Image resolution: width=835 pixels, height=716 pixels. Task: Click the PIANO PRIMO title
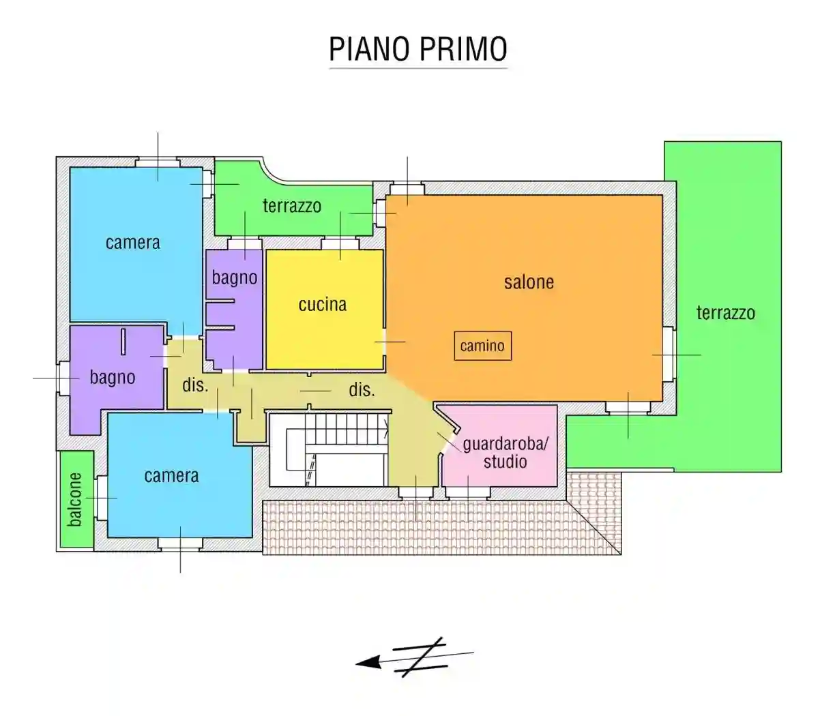pos(418,49)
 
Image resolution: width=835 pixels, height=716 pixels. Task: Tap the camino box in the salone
pos(482,346)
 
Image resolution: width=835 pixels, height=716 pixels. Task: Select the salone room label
pos(529,282)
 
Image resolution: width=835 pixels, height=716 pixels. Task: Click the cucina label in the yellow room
pos(323,304)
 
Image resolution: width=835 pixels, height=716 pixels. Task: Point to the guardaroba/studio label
pos(505,453)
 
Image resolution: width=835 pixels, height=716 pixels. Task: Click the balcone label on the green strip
pos(75,499)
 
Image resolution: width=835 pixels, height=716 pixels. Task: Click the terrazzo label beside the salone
pos(725,313)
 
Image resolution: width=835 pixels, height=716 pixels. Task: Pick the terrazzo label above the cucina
pos(292,205)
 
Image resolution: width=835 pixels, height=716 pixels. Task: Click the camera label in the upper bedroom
pos(133,242)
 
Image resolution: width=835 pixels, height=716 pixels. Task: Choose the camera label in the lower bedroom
pos(171,475)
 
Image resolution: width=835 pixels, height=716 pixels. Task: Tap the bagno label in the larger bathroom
pos(113,377)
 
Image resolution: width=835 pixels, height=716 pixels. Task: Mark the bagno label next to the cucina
pos(234,278)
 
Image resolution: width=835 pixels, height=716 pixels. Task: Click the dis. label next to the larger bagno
pos(194,385)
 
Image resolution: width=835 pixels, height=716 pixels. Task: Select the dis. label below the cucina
pos(362,390)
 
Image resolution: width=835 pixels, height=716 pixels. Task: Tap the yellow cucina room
pos(324,341)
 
